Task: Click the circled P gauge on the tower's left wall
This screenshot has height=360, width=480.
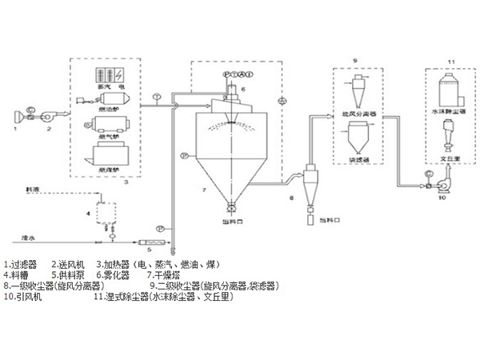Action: click(x=183, y=154)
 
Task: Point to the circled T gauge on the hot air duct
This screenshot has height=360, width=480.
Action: click(x=158, y=97)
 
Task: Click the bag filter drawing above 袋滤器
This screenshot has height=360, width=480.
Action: click(x=357, y=142)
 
